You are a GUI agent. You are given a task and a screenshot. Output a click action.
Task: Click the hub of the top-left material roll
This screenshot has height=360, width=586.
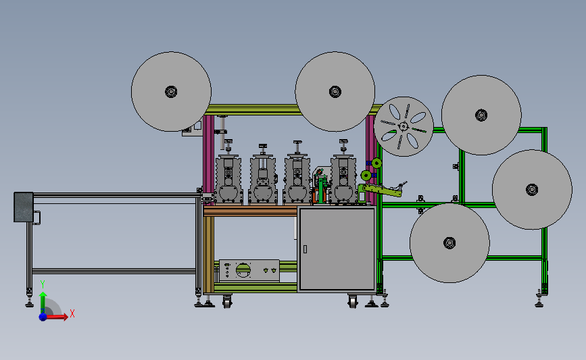click(171, 91)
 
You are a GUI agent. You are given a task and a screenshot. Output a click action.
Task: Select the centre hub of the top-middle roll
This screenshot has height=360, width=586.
click(335, 91)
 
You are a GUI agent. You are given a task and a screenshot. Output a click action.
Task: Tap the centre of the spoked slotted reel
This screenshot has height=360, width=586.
click(404, 126)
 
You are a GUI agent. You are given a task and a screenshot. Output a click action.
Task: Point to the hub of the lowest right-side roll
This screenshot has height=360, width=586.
click(449, 243)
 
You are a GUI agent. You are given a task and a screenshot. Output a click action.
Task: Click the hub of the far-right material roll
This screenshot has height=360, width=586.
click(532, 190)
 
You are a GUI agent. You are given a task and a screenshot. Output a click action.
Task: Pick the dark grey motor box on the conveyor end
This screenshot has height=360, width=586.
click(24, 207)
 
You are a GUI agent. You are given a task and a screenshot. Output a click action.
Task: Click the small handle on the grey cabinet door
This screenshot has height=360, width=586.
click(305, 249)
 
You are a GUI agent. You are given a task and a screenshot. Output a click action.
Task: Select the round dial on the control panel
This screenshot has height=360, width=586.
click(243, 270)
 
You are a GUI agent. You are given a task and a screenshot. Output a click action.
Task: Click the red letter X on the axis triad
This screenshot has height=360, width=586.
click(72, 313)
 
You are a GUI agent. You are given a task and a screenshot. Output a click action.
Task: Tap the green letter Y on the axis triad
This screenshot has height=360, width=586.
click(43, 284)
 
